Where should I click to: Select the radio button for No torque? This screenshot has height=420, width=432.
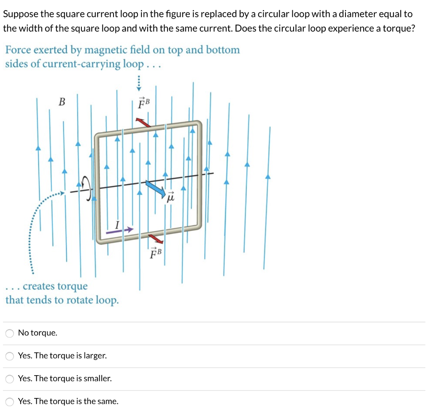pos(10,333)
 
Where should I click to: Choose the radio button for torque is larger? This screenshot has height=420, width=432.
pos(10,356)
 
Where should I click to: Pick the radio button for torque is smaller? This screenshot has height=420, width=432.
pos(10,379)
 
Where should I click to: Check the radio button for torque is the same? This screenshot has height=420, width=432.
pos(10,401)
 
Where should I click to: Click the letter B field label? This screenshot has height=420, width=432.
pos(62,102)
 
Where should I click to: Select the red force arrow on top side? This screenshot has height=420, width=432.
pos(142,122)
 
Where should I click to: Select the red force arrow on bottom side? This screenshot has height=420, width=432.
pos(156,240)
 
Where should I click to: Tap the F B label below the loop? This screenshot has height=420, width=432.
pos(156,253)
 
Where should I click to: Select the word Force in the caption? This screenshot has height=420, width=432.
pos(18,50)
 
